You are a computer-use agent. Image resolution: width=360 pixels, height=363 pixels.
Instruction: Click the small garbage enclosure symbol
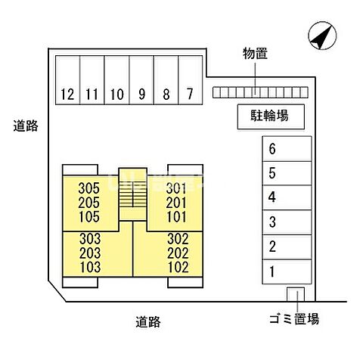coord(295,295)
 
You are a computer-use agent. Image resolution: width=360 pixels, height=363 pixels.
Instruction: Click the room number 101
coord(175,216)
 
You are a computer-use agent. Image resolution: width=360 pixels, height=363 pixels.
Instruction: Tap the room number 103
coord(88,266)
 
